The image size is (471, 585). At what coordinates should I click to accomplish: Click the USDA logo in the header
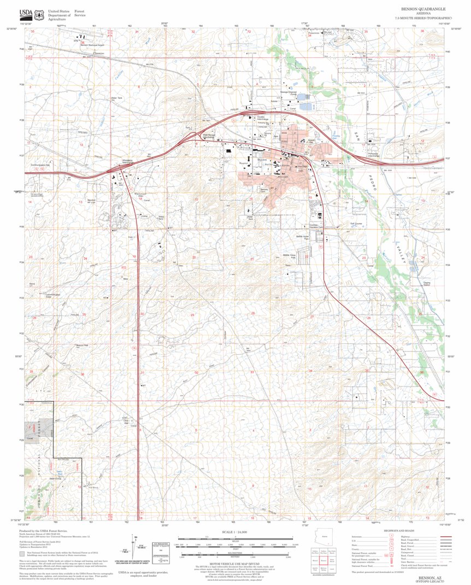pyautogui.click(x=25, y=13)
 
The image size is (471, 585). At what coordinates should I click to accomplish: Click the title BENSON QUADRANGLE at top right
pyautogui.click(x=423, y=9)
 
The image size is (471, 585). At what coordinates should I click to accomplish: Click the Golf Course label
pyautogui.click(x=356, y=223)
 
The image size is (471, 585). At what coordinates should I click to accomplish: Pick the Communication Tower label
pyautogui.click(x=52, y=296)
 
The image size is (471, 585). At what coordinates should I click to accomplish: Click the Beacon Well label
pyautogui.click(x=82, y=345)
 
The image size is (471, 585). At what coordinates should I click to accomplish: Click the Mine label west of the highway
pyautogui.click(x=125, y=279)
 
